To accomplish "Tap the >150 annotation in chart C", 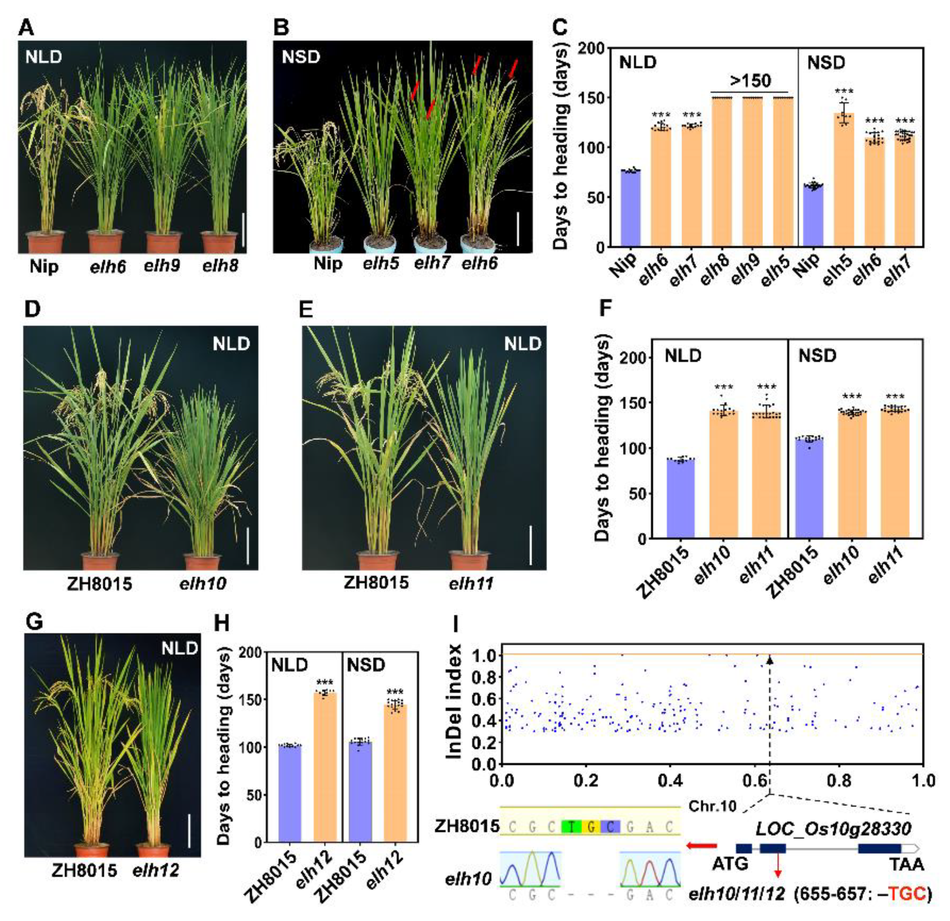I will [x=750, y=80].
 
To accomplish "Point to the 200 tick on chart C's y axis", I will [x=594, y=48].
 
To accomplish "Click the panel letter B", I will [x=281, y=28].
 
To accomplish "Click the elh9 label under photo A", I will [x=162, y=266].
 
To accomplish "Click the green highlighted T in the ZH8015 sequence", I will [x=572, y=827].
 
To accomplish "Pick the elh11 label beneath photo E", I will [x=471, y=583].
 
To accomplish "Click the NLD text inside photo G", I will [x=180, y=648].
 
